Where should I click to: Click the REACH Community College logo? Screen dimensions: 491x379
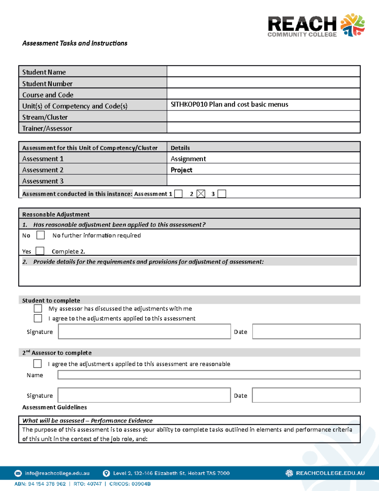point(316,25)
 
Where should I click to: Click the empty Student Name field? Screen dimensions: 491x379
point(263,71)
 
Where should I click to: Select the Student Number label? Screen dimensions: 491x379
point(47,84)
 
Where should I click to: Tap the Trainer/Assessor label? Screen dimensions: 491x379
point(47,128)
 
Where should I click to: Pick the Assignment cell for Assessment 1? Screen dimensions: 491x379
point(188,159)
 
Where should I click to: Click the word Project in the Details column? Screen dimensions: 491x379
point(181,170)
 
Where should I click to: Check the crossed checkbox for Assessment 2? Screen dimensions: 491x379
point(201,194)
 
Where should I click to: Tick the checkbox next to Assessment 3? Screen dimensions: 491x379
point(222,194)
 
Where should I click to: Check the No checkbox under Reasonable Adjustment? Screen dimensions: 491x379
point(40,235)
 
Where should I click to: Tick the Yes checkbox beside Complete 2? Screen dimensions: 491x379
point(40,251)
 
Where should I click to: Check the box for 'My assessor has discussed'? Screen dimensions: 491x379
point(38,309)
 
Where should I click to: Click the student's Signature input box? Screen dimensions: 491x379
point(144,332)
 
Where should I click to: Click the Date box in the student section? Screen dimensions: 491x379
point(306,332)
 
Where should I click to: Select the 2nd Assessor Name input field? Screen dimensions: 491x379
point(209,375)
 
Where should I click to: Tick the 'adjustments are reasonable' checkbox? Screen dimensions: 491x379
point(38,364)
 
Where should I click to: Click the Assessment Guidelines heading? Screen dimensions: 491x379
point(54,407)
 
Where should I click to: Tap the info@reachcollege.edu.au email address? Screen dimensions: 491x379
point(57,473)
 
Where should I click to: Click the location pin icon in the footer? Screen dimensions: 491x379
point(106,473)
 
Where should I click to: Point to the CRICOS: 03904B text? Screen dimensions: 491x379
point(130,484)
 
